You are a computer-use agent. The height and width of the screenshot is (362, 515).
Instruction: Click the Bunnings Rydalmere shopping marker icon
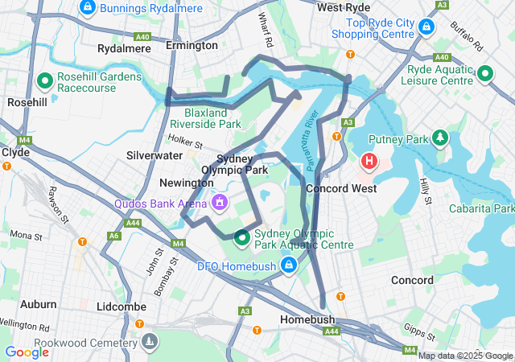(88, 8)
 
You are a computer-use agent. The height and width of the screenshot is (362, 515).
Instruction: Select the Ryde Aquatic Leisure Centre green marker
(485, 74)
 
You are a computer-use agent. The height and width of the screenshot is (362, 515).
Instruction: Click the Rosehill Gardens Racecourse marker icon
(45, 82)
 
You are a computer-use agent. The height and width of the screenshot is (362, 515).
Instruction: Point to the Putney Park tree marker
(440, 138)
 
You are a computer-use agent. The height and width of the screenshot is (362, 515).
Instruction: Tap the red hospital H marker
(369, 161)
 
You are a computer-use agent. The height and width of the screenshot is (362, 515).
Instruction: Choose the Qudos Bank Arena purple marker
(218, 203)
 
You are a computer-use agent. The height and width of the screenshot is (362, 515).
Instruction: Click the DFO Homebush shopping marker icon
(289, 265)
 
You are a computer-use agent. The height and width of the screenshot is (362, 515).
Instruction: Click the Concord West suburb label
(341, 188)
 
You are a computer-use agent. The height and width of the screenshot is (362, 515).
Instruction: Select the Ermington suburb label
(192, 46)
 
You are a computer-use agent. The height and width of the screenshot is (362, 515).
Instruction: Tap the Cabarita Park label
(482, 208)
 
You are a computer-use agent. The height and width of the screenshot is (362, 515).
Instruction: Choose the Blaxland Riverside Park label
(212, 119)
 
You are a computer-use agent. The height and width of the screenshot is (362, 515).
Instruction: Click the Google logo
(27, 352)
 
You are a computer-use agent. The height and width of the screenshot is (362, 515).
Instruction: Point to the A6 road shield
(115, 236)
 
